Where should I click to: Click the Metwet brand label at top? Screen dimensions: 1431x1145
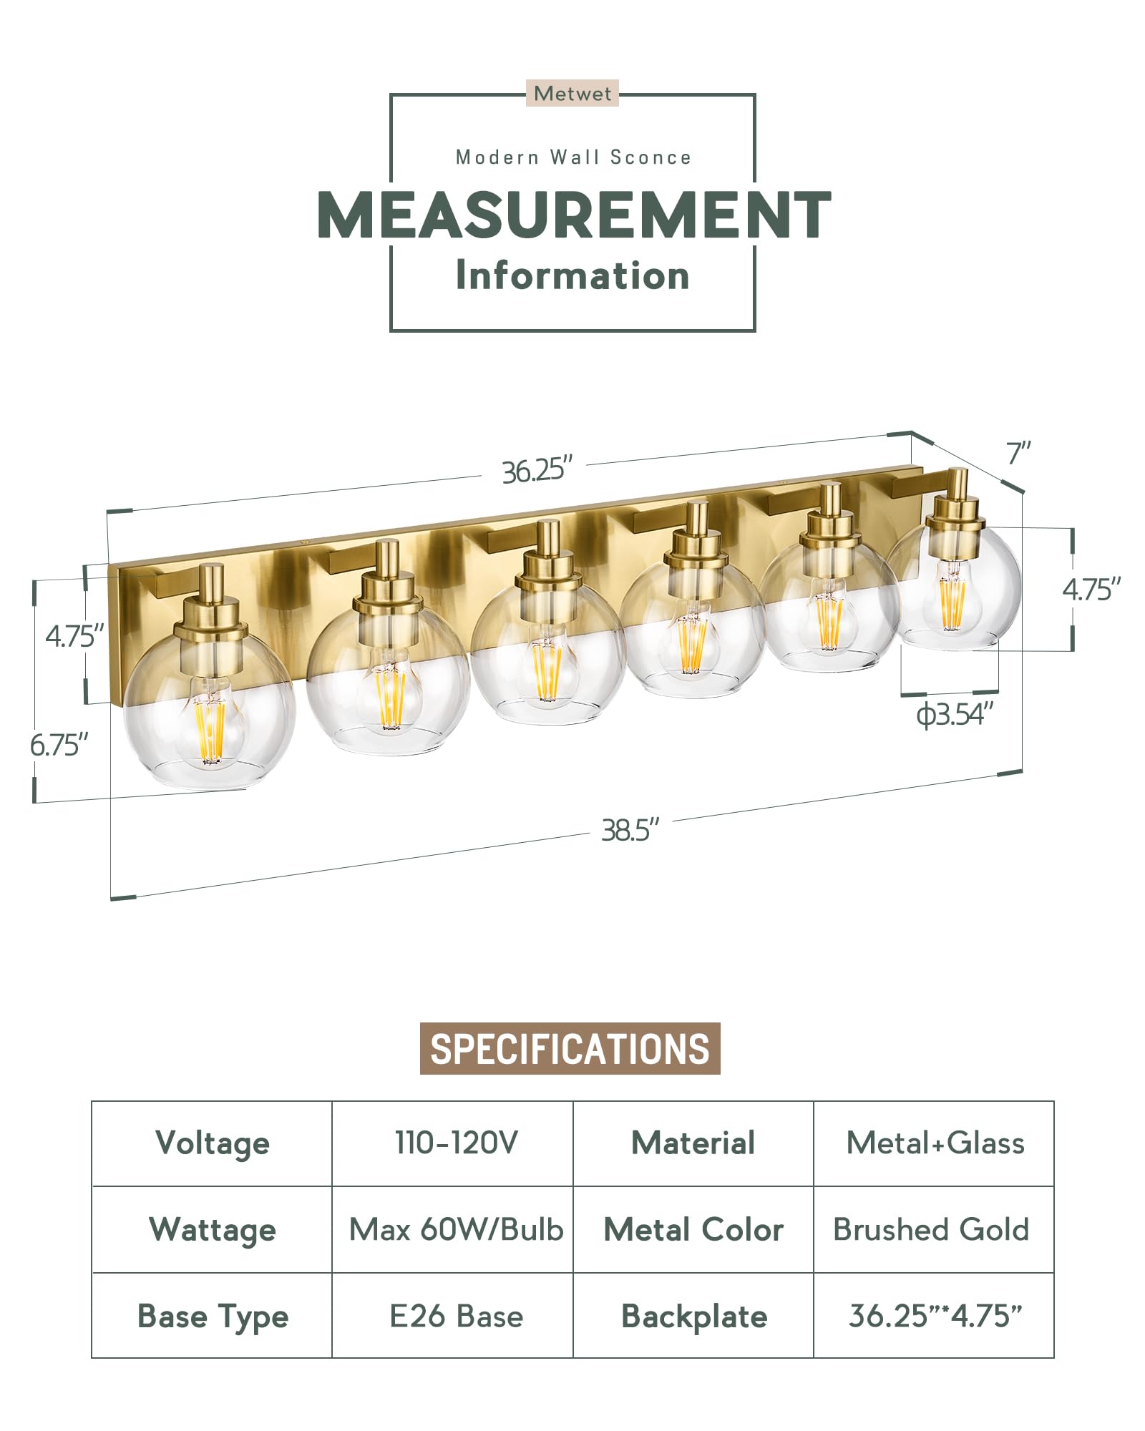(572, 94)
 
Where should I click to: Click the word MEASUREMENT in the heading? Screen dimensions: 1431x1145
(573, 215)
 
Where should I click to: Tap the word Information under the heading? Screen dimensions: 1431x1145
(572, 275)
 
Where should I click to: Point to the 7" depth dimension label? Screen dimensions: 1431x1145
(1018, 454)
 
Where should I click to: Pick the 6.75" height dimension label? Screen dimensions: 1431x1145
(59, 746)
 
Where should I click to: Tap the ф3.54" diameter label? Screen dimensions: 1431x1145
(955, 714)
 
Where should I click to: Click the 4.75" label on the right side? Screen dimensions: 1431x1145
(1091, 590)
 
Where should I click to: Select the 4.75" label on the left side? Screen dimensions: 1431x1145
(74, 635)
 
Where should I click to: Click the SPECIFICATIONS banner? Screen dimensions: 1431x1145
(570, 1049)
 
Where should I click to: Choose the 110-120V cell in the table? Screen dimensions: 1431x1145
(455, 1143)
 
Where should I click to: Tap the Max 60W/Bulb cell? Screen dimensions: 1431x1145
(455, 1229)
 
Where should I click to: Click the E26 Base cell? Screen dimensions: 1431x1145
(455, 1316)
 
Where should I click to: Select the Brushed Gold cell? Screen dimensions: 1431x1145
(931, 1229)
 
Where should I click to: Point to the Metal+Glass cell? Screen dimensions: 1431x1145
(935, 1143)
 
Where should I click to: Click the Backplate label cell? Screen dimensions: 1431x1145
(693, 1316)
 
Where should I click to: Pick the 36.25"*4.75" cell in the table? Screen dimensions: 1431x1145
(935, 1316)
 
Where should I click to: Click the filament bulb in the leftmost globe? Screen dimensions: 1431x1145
(210, 726)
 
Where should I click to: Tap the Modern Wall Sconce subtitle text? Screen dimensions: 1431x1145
(573, 157)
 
